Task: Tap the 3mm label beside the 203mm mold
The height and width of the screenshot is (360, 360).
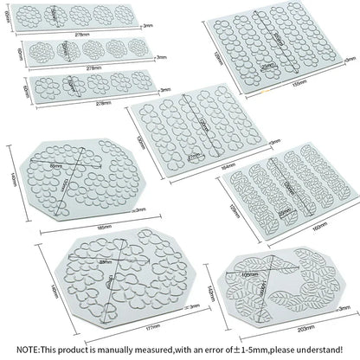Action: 344,306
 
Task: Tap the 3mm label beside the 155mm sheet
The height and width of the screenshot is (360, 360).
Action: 350,59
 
